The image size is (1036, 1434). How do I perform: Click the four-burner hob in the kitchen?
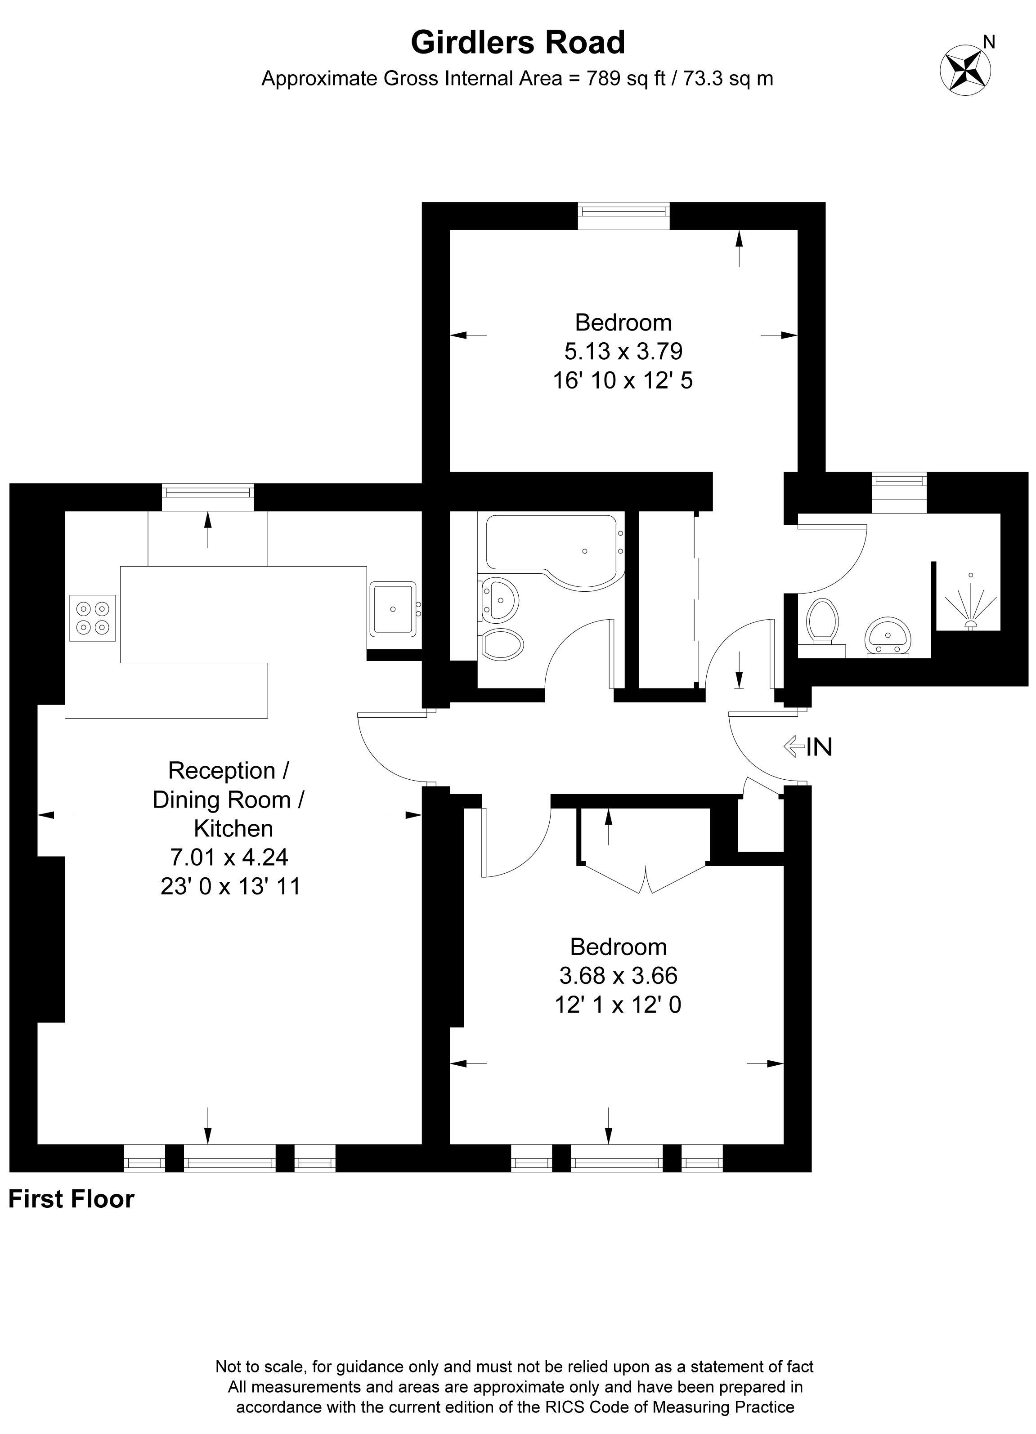92,618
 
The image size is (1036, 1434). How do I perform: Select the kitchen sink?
393,609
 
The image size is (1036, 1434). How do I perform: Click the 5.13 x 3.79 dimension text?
623,351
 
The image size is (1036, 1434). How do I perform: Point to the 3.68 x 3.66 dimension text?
618,976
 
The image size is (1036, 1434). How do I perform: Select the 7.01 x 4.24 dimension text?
229,857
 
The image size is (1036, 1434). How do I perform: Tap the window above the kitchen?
207,497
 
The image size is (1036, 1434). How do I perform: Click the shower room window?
899,492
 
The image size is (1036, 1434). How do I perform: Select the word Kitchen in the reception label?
233,828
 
